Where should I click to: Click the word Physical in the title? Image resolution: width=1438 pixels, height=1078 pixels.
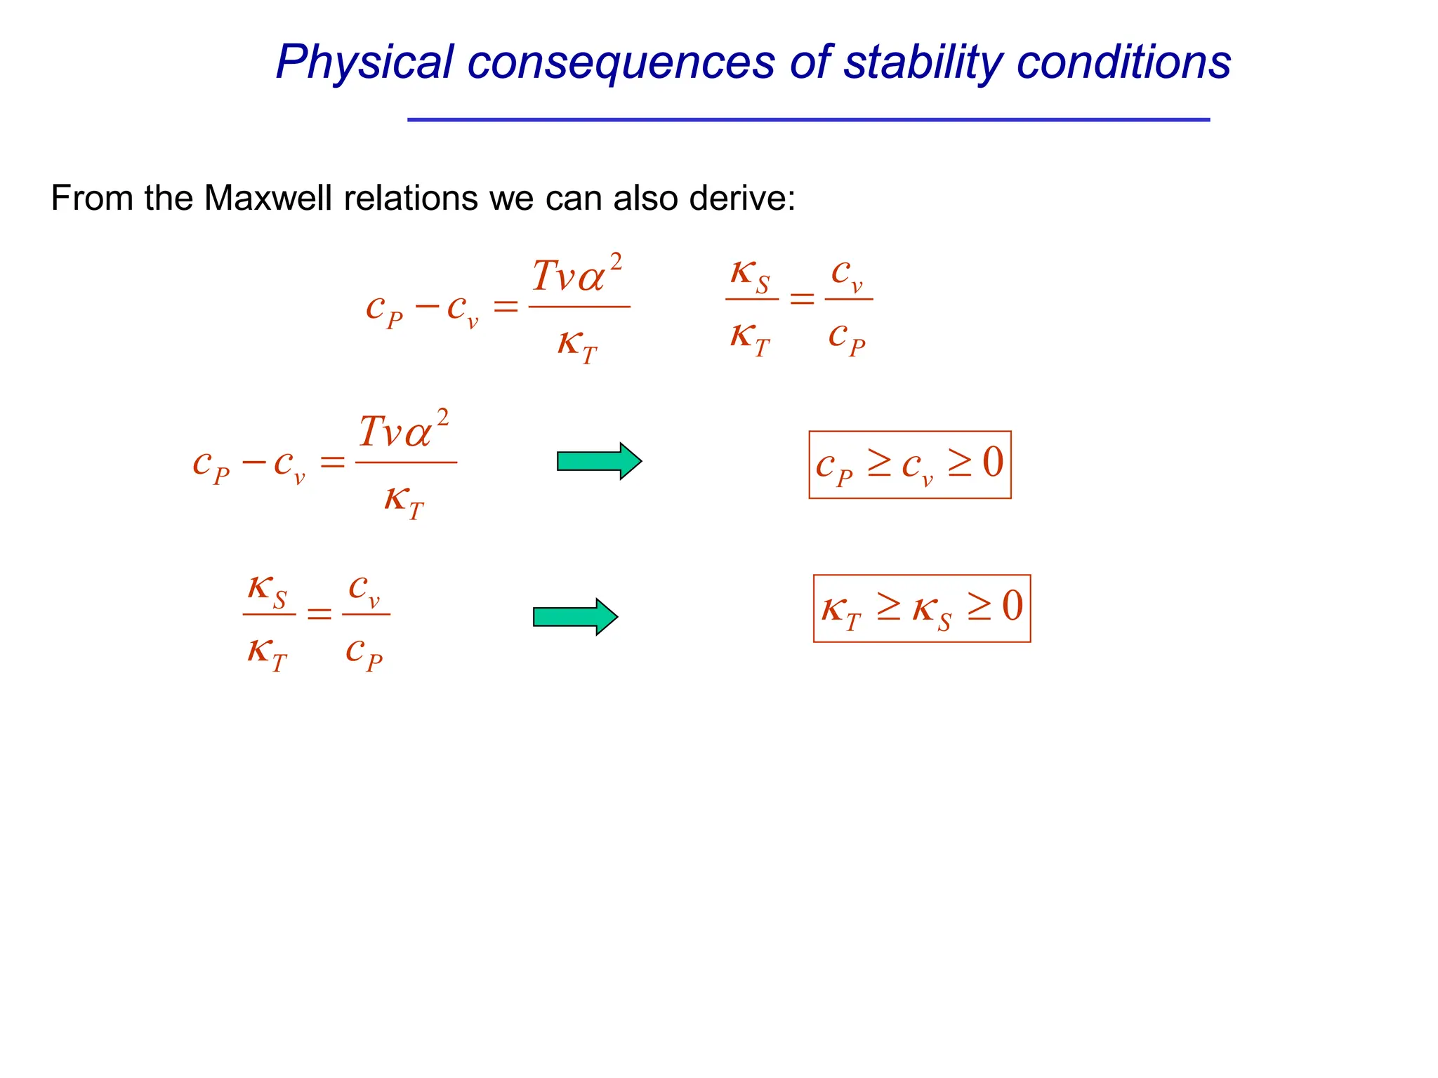(364, 63)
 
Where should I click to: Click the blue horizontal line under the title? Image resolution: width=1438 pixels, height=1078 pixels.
(808, 120)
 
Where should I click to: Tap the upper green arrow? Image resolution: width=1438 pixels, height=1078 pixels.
(599, 461)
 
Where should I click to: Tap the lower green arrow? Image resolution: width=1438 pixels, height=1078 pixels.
(575, 617)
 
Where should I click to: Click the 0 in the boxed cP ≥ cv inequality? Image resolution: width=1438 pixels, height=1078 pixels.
(993, 463)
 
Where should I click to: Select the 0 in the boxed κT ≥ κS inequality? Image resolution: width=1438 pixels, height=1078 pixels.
(1012, 606)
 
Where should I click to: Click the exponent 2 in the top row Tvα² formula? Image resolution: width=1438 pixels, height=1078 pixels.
(615, 262)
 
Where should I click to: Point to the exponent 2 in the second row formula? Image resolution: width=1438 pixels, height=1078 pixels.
(442, 418)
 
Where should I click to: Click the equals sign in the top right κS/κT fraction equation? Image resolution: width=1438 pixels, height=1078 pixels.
(802, 300)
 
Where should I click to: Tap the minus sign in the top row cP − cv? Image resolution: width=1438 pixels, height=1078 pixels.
(427, 307)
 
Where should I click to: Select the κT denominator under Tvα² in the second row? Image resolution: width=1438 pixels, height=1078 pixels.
(404, 501)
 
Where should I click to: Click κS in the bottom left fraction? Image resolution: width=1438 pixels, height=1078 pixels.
(268, 590)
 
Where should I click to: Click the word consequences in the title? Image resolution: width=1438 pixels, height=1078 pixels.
(621, 63)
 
